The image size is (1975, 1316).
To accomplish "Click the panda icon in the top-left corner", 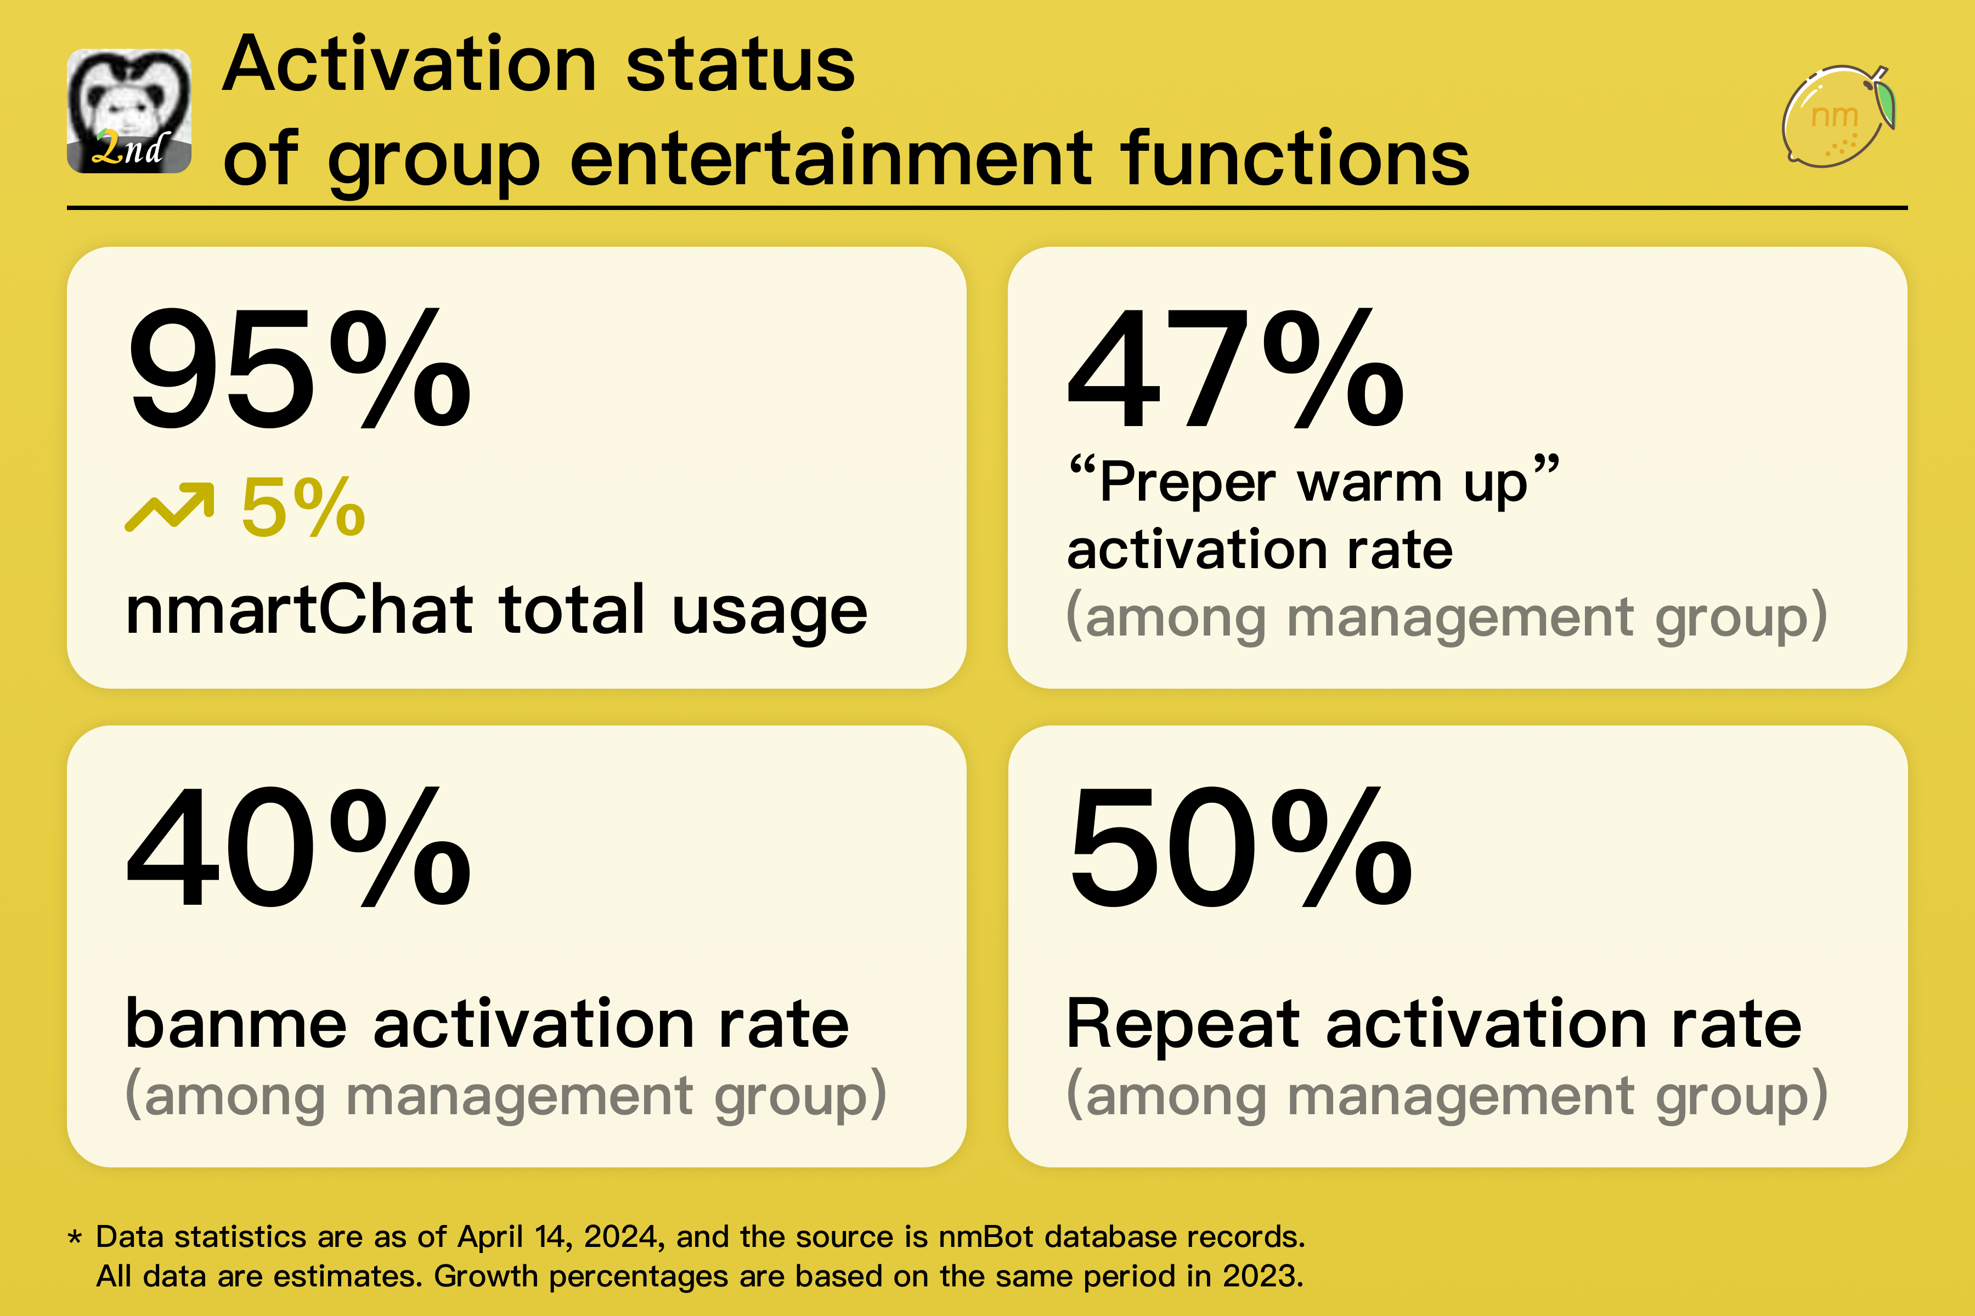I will click(128, 111).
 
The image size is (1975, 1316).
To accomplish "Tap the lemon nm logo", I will click(1837, 116).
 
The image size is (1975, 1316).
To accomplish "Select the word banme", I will click(235, 1024).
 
